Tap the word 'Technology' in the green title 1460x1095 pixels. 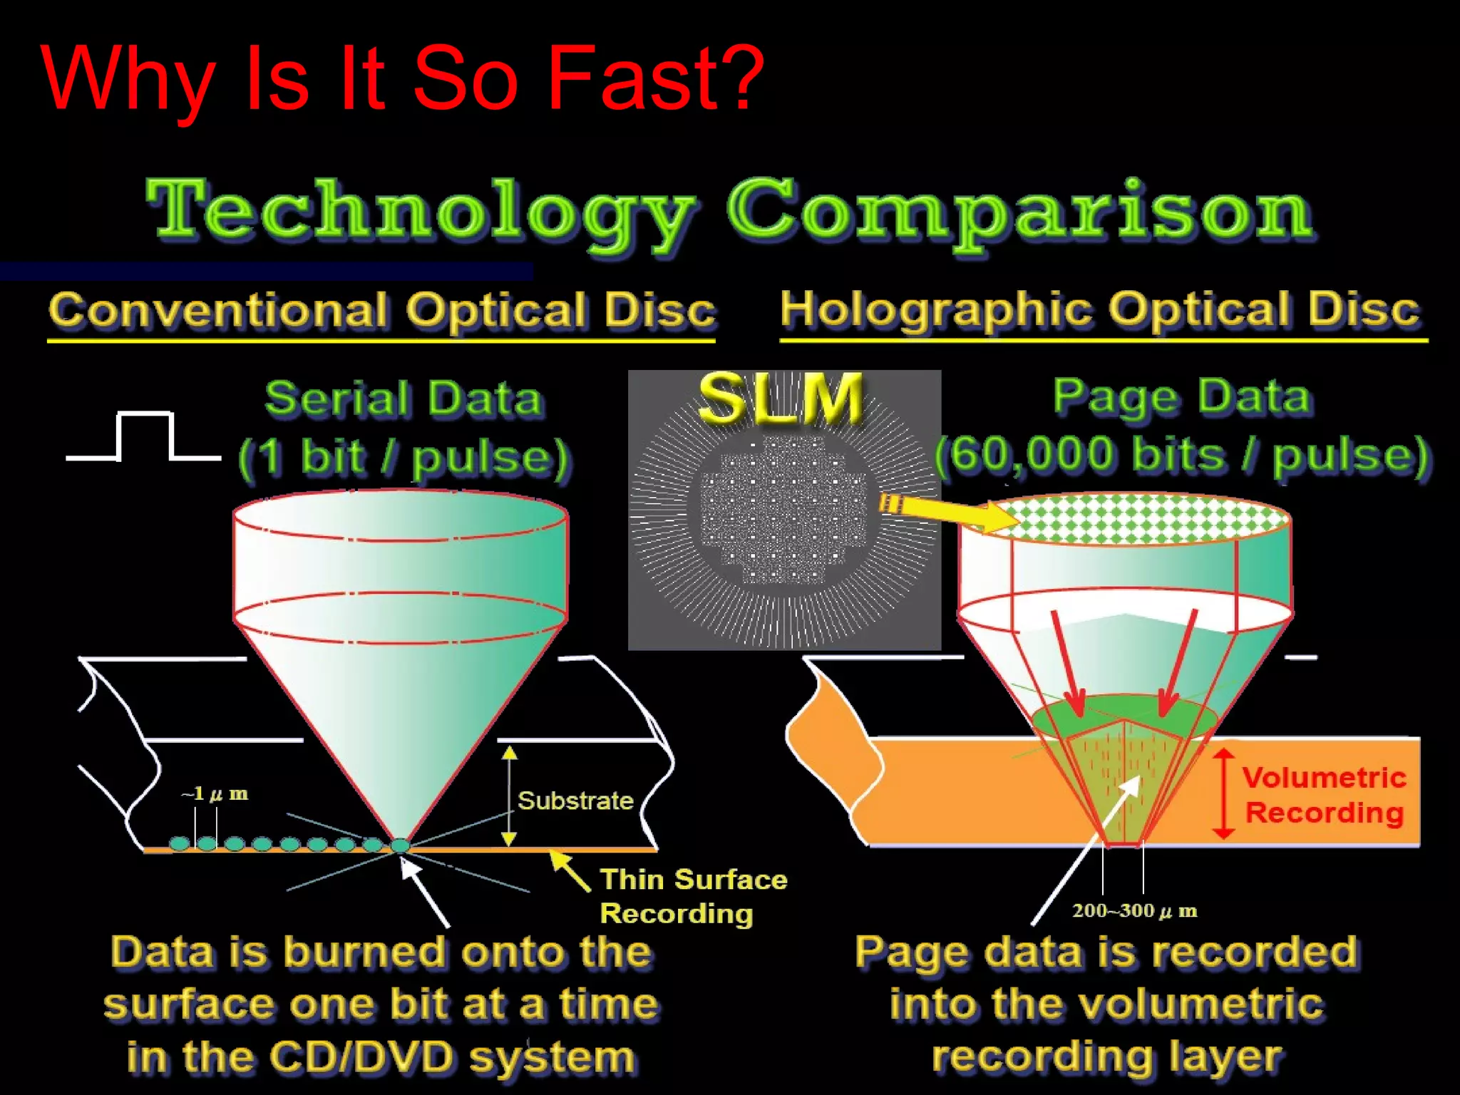[x=421, y=210]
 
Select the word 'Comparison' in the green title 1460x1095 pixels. [x=1019, y=210]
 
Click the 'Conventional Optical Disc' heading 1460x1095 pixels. [x=382, y=311]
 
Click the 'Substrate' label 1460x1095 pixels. [x=575, y=801]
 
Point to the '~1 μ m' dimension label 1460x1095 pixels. [x=215, y=793]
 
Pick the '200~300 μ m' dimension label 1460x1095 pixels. [x=1134, y=910]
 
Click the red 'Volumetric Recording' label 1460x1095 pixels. [x=1324, y=795]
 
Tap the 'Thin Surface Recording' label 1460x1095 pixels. [x=693, y=896]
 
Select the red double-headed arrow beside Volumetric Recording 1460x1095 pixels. [x=1223, y=793]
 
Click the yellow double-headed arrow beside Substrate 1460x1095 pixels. [x=508, y=796]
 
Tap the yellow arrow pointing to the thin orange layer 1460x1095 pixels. [x=570, y=870]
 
